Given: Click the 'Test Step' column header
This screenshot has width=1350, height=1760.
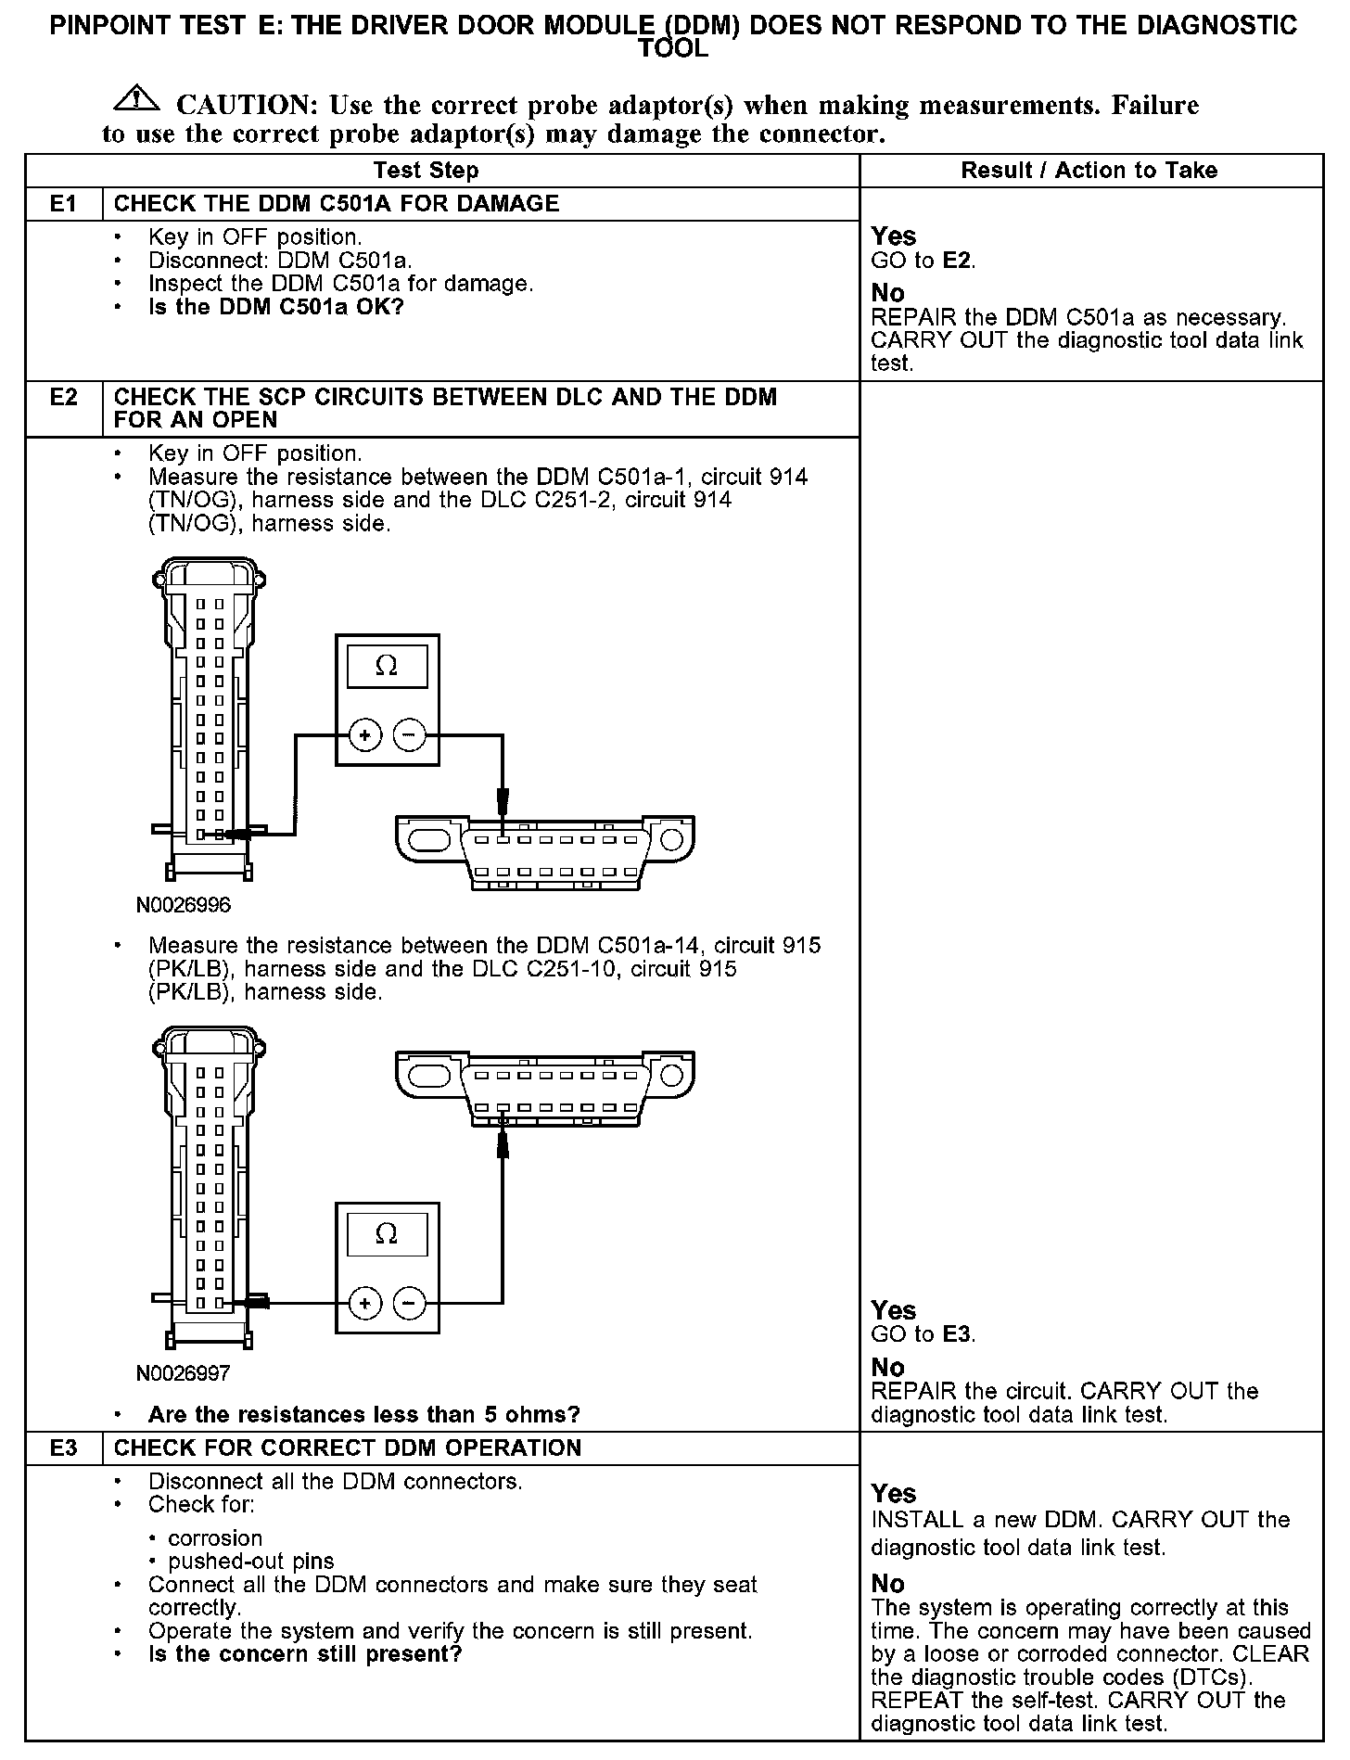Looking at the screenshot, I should (426, 171).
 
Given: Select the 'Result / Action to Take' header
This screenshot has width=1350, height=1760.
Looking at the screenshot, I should (1089, 171).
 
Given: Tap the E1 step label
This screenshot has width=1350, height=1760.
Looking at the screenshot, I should (63, 204).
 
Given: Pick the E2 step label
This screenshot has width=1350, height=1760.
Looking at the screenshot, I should (63, 398).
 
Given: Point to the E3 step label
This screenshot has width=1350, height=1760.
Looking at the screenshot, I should (63, 1448).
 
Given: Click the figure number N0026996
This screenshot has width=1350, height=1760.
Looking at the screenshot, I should (184, 905).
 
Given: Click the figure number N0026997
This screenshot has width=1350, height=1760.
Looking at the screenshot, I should (184, 1372).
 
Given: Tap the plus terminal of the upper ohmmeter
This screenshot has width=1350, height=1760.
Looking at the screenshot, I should (365, 736).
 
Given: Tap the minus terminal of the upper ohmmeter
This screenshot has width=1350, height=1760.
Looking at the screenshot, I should (409, 736).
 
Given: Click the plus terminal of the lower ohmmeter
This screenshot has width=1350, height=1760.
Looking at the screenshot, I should (365, 1304).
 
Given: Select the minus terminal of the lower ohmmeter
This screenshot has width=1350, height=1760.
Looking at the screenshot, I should (409, 1304).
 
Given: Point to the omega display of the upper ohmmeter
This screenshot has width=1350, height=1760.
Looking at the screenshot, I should (387, 667).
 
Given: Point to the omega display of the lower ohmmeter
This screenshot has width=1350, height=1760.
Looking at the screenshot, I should (387, 1234).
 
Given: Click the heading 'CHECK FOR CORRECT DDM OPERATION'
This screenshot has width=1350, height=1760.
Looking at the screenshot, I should (348, 1448).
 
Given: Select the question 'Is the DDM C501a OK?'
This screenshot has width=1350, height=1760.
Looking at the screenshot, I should (276, 307).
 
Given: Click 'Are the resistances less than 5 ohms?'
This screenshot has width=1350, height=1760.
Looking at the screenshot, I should (363, 1414).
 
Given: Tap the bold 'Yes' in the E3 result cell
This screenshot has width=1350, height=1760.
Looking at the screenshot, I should (894, 1493).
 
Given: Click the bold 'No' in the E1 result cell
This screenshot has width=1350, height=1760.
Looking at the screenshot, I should (887, 294).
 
